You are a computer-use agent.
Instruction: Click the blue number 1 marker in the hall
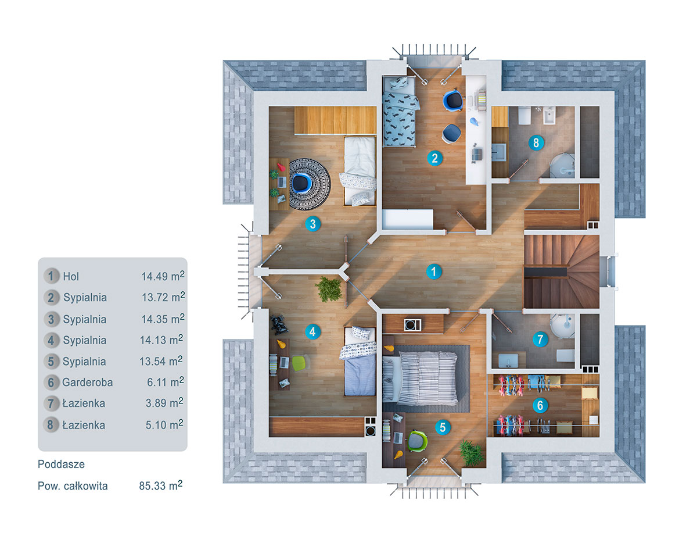tap(433, 271)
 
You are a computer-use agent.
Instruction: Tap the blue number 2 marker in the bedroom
tap(434, 158)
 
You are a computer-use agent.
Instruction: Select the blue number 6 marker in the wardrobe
tap(540, 405)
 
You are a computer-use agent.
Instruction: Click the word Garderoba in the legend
tap(88, 383)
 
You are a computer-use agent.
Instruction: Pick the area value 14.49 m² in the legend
tap(163, 276)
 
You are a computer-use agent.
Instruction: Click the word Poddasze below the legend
tap(61, 465)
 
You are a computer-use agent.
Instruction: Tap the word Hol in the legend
tap(71, 277)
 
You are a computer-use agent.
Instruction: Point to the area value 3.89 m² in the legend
tap(163, 403)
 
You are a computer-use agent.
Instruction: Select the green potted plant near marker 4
tap(329, 289)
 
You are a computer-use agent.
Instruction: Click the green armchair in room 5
tap(416, 440)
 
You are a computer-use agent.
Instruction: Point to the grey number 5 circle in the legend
tap(52, 361)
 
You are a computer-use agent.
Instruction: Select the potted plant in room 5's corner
tap(471, 452)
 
